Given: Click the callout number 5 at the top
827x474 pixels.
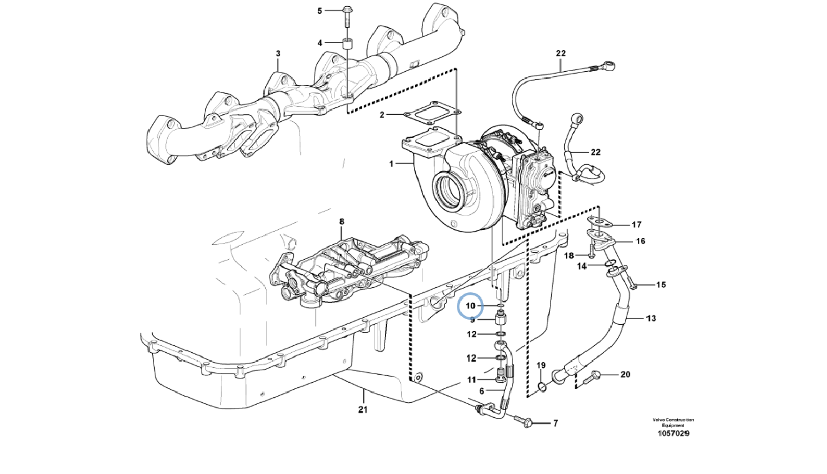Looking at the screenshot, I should [x=320, y=11].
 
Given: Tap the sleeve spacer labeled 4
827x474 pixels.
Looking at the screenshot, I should [x=347, y=44].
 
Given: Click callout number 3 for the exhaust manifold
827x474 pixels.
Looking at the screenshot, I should [x=278, y=54].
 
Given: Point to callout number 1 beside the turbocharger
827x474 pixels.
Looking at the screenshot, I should [x=391, y=164].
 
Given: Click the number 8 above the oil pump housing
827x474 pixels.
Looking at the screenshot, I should [x=341, y=221].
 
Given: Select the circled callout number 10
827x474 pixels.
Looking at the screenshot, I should [x=471, y=306].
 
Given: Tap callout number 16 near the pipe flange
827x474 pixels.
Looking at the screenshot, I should [x=640, y=241].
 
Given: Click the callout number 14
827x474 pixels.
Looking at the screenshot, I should [x=582, y=266].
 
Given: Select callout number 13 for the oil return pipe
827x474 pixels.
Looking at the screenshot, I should [x=650, y=318].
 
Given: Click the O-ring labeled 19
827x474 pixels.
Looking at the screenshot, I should [x=542, y=387].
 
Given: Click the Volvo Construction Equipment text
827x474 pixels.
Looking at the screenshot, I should [x=673, y=422].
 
